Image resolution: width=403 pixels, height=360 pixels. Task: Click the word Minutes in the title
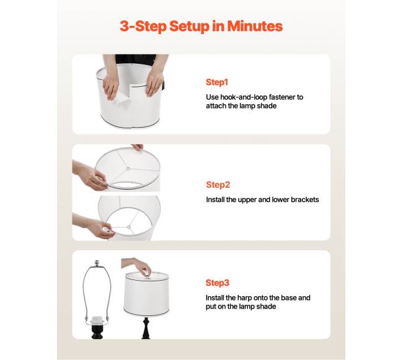click(x=255, y=26)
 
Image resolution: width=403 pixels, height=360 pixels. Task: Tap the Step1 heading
click(x=217, y=82)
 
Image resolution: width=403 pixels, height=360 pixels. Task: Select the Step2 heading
click(x=218, y=185)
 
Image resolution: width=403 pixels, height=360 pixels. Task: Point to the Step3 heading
click(x=217, y=283)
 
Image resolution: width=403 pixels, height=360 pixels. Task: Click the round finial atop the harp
click(x=97, y=263)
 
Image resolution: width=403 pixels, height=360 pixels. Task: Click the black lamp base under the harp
click(x=97, y=331)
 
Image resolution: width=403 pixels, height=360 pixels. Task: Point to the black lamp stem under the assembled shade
click(x=146, y=327)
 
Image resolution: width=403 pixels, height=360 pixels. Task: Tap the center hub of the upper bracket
click(x=128, y=169)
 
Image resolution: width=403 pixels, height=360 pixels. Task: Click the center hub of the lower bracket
click(x=129, y=227)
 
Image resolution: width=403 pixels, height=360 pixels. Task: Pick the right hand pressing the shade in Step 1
click(x=154, y=82)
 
